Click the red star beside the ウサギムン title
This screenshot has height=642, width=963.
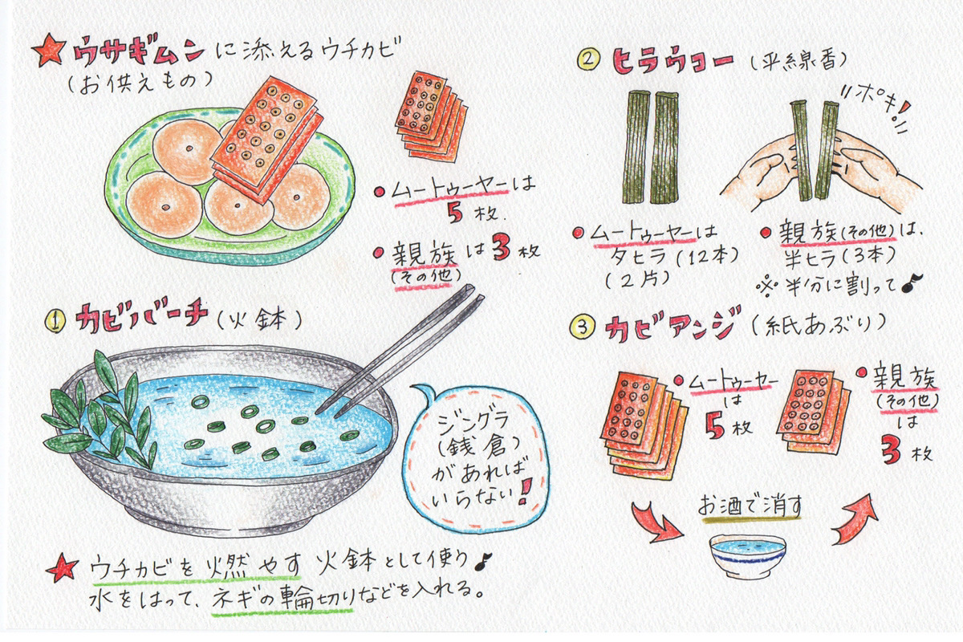[x=50, y=50]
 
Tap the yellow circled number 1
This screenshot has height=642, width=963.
[x=56, y=321]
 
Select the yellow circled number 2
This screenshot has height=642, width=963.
[x=588, y=59]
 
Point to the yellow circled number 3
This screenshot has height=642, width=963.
[x=582, y=327]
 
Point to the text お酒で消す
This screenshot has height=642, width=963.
[x=750, y=506]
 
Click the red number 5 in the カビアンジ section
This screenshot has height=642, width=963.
[x=714, y=426]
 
